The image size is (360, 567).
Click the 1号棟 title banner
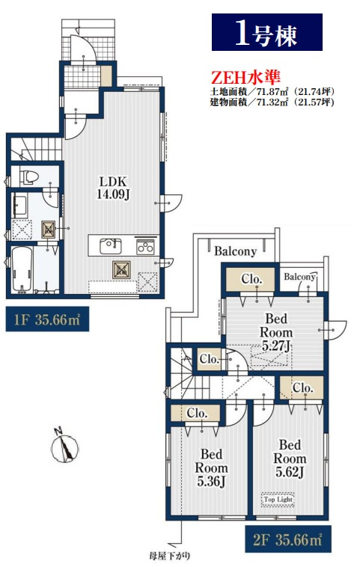(x=267, y=32)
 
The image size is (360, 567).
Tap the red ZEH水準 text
(x=245, y=77)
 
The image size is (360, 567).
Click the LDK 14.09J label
(x=113, y=188)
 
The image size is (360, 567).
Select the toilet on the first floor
(x=29, y=177)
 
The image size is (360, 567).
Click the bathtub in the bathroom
(x=22, y=270)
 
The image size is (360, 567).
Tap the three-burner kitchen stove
(x=145, y=248)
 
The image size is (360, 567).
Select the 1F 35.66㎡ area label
(x=47, y=319)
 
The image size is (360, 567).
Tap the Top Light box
(x=278, y=500)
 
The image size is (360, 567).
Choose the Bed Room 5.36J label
(x=212, y=468)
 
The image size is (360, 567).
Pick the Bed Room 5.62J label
(x=290, y=458)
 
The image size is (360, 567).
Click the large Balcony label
(x=236, y=251)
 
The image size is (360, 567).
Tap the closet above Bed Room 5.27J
(x=251, y=279)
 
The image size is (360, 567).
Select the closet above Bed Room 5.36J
(x=195, y=413)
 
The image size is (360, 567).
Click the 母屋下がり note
(x=169, y=556)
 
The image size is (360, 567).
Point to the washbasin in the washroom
(x=19, y=206)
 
